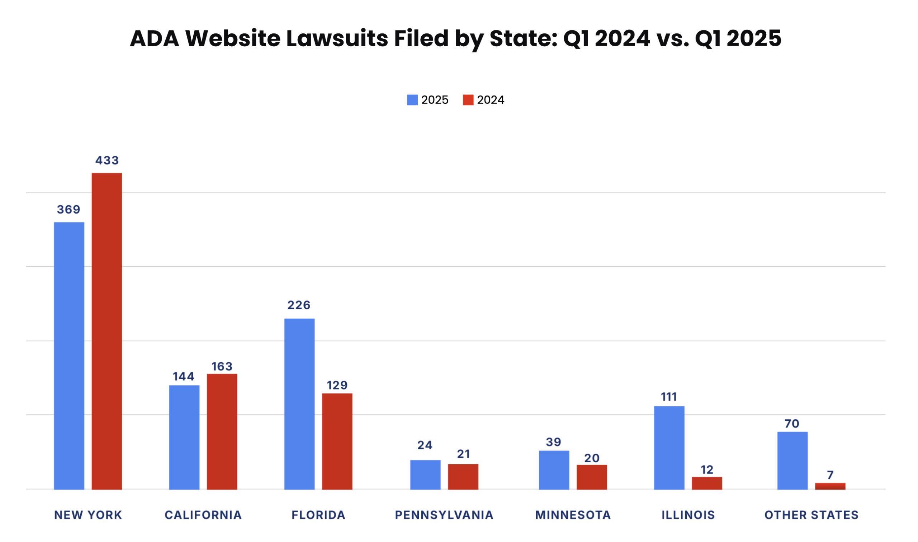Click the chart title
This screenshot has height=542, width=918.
click(455, 38)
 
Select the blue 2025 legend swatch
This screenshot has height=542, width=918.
click(412, 100)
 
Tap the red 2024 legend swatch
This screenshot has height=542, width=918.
click(468, 100)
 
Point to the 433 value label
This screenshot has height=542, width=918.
click(107, 160)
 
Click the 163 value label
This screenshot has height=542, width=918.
click(222, 366)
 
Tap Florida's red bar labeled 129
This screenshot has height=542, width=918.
click(337, 441)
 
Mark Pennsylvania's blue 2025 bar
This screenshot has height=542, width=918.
click(425, 475)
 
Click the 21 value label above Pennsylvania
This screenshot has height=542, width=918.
click(463, 454)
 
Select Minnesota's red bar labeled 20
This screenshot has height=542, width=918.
click(591, 477)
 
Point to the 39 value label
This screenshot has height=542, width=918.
click(553, 442)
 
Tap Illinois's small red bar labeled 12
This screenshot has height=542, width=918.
click(707, 483)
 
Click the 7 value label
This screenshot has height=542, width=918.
click(830, 475)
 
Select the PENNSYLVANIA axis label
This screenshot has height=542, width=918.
click(444, 515)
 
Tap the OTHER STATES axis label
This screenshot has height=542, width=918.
click(811, 515)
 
